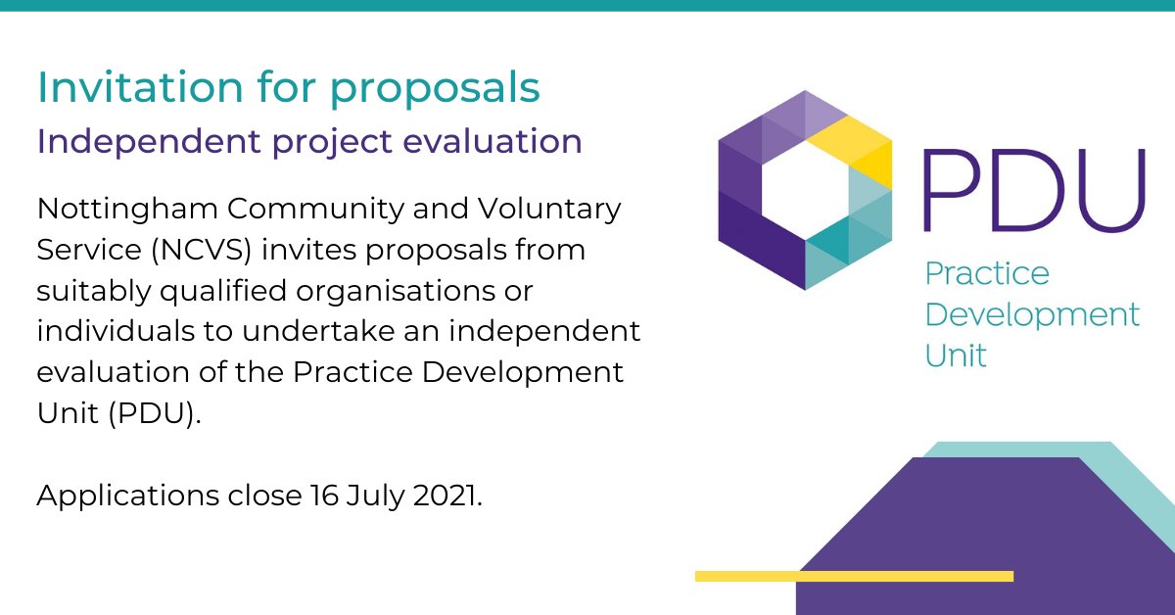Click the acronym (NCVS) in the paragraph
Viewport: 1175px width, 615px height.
204,250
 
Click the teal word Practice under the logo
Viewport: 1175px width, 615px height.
986,274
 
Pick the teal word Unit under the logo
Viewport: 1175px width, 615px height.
956,355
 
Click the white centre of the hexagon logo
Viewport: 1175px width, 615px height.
804,189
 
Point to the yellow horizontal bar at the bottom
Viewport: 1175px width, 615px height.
853,576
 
